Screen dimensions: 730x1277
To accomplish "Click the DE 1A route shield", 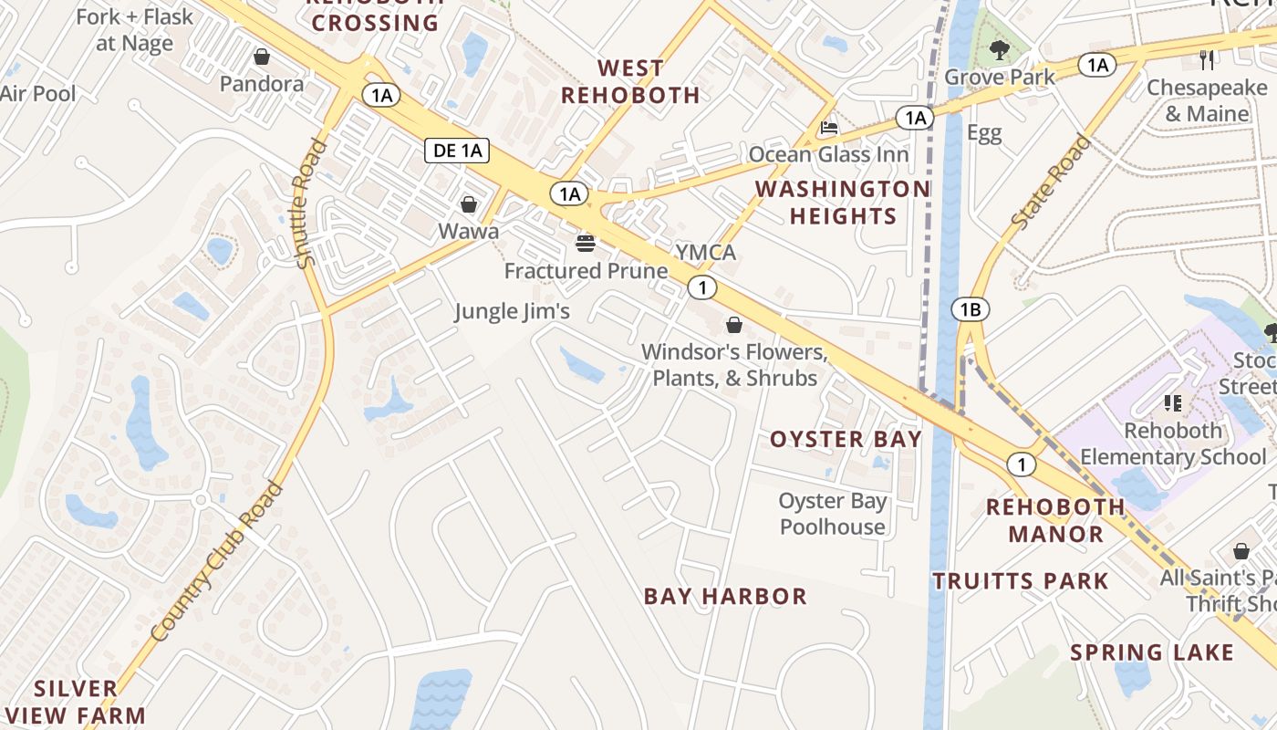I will coord(458,151).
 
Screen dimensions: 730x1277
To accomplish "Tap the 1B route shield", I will coord(970,310).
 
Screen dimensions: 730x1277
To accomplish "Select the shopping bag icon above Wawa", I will coord(469,204).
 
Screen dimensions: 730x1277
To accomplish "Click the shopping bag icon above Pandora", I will coord(262,57).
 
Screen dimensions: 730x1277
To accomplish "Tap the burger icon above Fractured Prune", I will coord(585,244).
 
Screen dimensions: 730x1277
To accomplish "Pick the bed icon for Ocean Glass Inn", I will coord(828,127).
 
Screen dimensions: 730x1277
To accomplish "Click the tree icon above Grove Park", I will coord(1000,50).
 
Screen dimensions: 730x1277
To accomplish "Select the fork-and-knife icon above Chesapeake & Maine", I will coord(1208,60).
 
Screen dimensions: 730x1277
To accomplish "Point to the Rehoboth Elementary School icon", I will coord(1173,402).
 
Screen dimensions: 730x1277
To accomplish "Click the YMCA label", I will coord(705,252).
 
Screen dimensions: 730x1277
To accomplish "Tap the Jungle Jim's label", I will coord(513,311).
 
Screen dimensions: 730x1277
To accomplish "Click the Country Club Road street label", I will coord(217,561).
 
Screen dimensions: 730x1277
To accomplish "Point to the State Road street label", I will coord(1051,182).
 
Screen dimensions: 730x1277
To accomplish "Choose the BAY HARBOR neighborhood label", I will coord(725,597).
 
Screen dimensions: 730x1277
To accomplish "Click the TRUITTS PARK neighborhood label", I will coord(1020,581).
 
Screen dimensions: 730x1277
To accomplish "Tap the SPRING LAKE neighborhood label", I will coord(1152,652).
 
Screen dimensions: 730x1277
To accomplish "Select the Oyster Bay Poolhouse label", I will coord(832,514).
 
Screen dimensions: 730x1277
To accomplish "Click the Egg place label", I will coord(984,133).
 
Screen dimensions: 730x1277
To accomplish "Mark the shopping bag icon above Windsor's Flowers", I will coord(734,325).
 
